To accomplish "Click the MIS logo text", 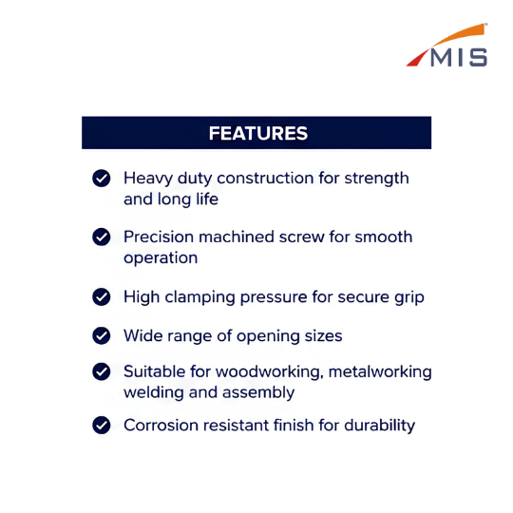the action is point(459,58).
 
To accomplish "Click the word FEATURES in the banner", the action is point(258,133).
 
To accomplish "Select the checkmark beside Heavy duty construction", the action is point(102,179).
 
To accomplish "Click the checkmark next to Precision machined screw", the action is point(102,237).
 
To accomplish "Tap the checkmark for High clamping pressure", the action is point(102,297).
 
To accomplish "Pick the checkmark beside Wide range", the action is point(102,335).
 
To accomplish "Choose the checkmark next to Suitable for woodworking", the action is point(102,371).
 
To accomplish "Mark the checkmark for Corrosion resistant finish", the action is point(102,426).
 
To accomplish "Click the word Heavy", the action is point(148,180).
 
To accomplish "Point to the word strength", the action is point(376,180).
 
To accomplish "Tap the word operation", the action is point(161,258).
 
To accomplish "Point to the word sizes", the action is point(323,336).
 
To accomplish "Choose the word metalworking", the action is point(380,372).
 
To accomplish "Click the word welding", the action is point(154,393).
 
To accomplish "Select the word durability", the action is point(379,426).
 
